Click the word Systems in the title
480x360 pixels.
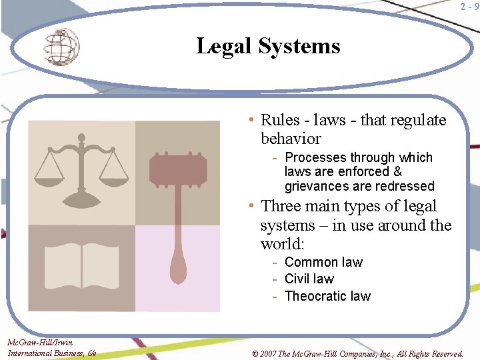pos(299,46)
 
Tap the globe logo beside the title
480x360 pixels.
pos(61,47)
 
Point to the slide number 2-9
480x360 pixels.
pos(469,7)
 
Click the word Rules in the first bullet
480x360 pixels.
pos(280,120)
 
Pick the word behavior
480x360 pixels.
pos(291,139)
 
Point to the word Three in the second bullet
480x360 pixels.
pos(282,206)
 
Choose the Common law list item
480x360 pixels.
pos(323,262)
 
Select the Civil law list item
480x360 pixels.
pos(309,279)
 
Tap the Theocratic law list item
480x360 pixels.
pos(327,296)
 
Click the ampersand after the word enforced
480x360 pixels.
pos(398,171)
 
